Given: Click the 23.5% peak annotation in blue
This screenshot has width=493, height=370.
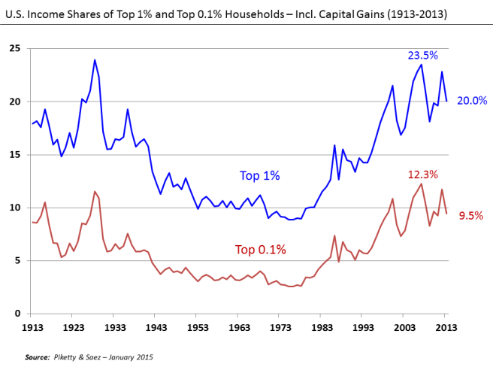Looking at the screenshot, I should tap(422, 56).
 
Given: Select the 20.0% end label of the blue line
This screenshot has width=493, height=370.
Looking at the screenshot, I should tap(472, 101).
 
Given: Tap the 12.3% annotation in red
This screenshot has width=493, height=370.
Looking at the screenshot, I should tap(422, 174).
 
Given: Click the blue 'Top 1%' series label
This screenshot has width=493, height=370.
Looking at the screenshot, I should tap(259, 175).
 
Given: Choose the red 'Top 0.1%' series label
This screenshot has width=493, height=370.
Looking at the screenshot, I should tap(261, 250).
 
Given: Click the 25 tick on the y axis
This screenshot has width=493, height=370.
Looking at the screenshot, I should tap(14, 49).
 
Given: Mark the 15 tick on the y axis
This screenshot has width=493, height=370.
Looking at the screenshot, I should tap(14, 155).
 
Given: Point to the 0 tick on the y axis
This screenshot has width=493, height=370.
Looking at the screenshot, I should tap(17, 314).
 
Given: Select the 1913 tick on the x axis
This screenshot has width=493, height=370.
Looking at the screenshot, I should tap(32, 328).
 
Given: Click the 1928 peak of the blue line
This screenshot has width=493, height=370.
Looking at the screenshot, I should tap(95, 60).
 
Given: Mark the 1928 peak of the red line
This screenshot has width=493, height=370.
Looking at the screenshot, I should tap(95, 192).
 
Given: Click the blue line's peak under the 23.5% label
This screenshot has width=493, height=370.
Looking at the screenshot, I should tap(421, 65).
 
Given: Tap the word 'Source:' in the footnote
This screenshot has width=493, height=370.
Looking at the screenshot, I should tap(39, 356).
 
